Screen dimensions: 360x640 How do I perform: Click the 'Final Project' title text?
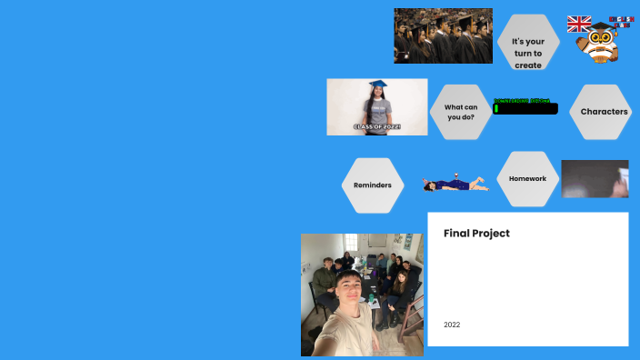coord(476,234)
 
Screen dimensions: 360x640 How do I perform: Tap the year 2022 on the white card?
coord(452,325)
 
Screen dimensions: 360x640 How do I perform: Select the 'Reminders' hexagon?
coord(373,185)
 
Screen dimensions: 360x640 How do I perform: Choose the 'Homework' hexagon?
coord(527,178)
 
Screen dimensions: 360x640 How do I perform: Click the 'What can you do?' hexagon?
coord(460,112)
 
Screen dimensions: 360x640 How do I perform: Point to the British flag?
coord(579,24)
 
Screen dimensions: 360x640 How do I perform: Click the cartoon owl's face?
coord(600,38)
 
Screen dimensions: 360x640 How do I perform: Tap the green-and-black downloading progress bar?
coord(525,108)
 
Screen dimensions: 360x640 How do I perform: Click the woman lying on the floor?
coord(455,185)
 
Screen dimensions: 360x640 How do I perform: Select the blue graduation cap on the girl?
coord(377,85)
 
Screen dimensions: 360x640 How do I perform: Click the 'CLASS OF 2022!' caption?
coord(376,126)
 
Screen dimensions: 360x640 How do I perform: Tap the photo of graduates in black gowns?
coord(443,35)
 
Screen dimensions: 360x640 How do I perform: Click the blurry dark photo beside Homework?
coord(595,178)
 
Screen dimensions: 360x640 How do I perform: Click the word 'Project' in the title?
coord(493,234)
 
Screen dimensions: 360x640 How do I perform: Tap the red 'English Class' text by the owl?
coord(622,19)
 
